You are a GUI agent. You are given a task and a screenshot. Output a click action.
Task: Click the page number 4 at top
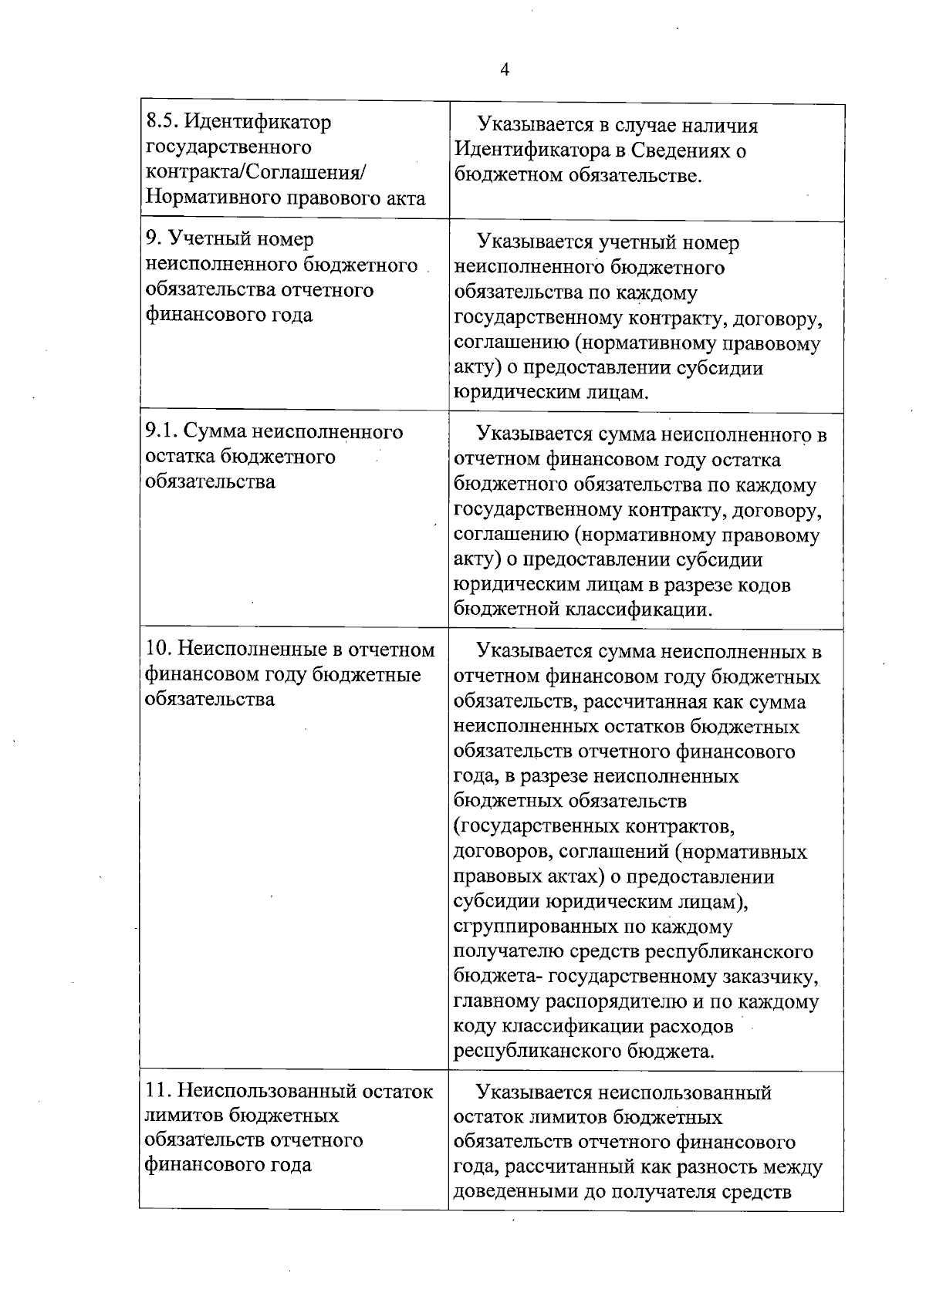pos(505,70)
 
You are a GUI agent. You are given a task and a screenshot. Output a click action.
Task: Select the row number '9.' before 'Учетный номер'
pos(153,239)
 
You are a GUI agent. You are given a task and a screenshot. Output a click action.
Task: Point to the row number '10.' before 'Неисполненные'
pos(160,650)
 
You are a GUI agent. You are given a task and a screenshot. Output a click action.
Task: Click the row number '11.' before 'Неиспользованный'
pos(159,1091)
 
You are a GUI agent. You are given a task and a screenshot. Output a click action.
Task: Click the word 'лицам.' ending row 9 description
pos(616,393)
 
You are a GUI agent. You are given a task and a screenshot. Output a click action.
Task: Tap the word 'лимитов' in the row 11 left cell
pos(181,1116)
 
